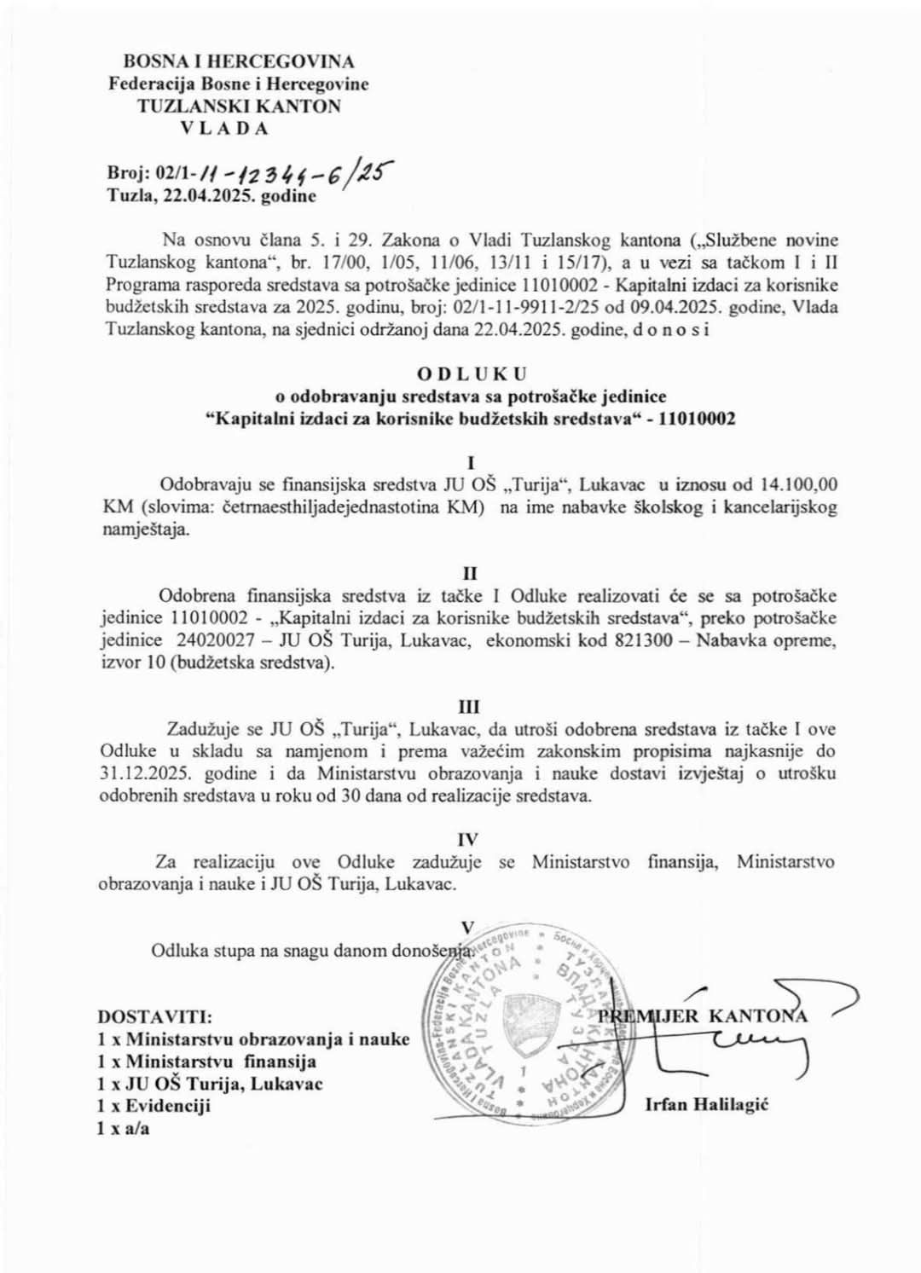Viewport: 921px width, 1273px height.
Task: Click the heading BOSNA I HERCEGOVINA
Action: (239, 61)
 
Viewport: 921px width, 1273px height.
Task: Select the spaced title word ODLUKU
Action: (472, 373)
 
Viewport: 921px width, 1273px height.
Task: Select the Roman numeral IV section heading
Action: (468, 840)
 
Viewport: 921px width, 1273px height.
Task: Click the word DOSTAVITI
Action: (155, 1017)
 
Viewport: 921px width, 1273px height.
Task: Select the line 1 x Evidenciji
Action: (154, 1106)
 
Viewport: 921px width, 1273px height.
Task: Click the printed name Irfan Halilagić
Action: (707, 1105)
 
